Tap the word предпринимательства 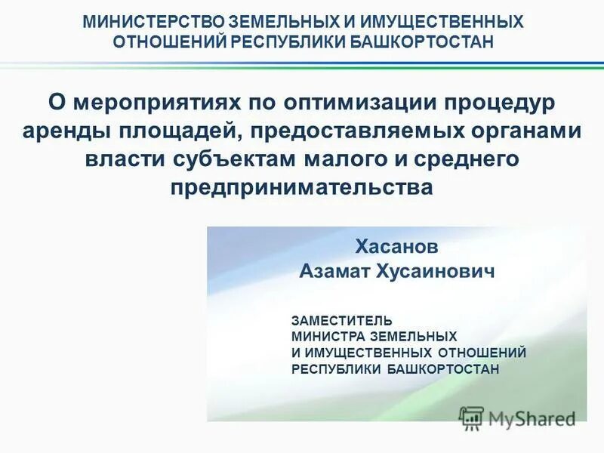(302, 188)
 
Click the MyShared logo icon (472, 418)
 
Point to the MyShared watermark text (532, 418)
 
